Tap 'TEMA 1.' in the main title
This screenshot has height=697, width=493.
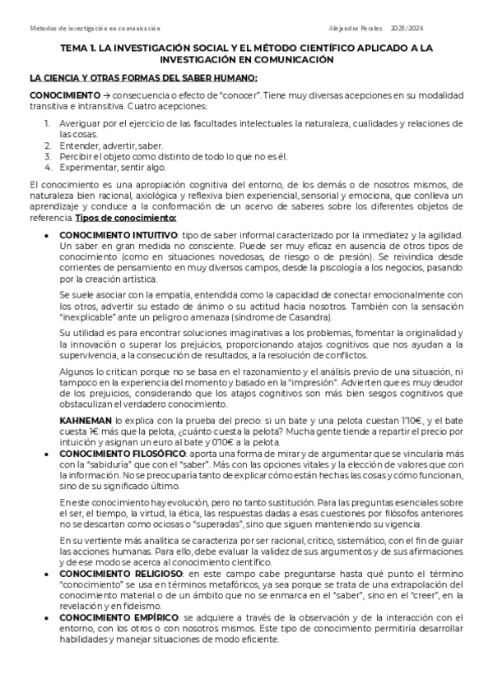80,49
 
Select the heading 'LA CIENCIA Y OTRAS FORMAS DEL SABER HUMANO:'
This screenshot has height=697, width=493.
143,78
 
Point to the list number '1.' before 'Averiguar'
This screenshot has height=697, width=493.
48,122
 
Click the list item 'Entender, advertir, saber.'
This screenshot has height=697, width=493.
105,145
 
